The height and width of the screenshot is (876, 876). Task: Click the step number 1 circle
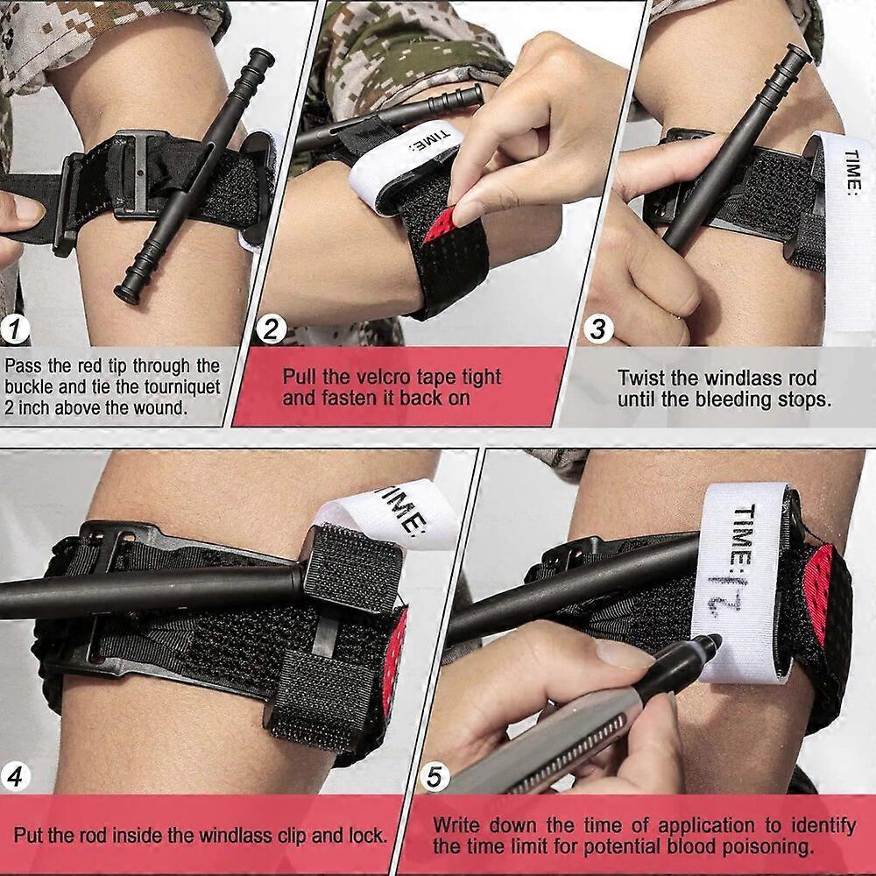pos(17,330)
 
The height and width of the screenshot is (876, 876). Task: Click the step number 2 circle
pos(272,330)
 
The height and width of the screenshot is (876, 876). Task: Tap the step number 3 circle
pos(598,330)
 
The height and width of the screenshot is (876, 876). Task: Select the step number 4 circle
pos(17,776)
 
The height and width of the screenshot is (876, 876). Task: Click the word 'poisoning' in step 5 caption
pos(772,846)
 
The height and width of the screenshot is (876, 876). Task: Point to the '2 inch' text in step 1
pos(32,407)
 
